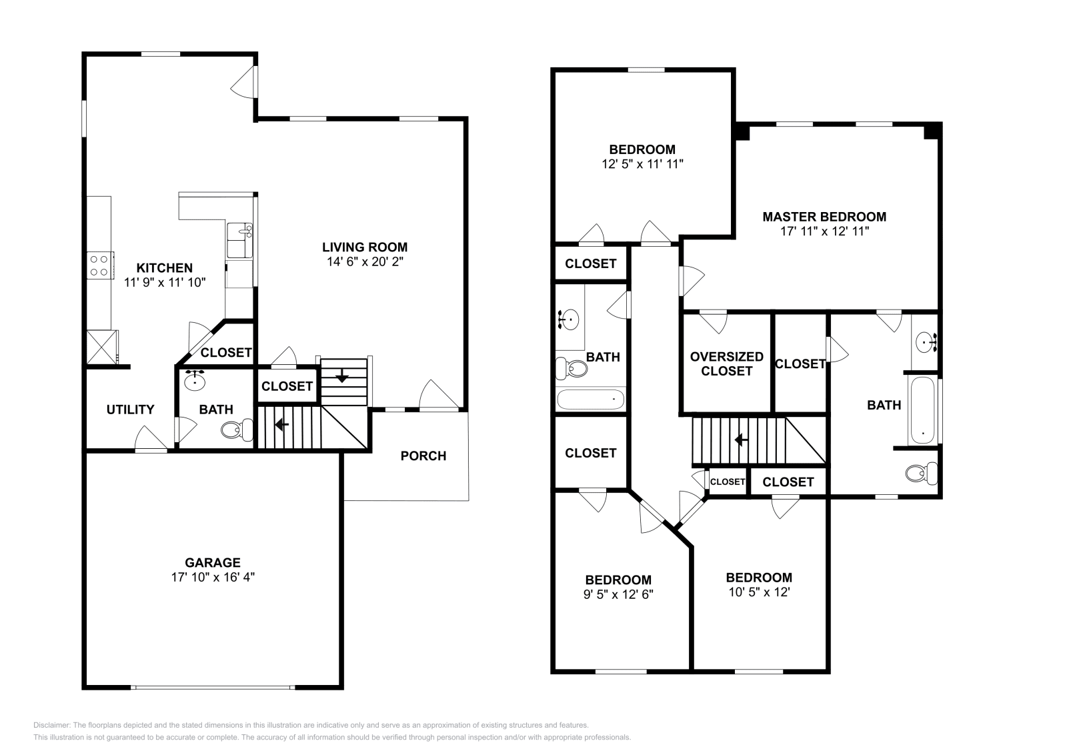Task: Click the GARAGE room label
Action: pyautogui.click(x=213, y=562)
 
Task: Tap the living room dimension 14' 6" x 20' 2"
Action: pyautogui.click(x=364, y=261)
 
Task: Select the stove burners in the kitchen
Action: pyautogui.click(x=99, y=265)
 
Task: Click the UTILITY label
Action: pyautogui.click(x=130, y=410)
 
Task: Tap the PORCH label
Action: pyautogui.click(x=423, y=456)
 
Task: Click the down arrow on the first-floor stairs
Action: pyautogui.click(x=342, y=376)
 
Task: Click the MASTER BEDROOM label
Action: pyautogui.click(x=824, y=217)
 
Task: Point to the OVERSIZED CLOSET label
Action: pyautogui.click(x=726, y=363)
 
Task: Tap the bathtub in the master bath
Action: pyautogui.click(x=923, y=410)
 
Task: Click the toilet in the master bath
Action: pyautogui.click(x=920, y=474)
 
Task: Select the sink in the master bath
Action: pyautogui.click(x=925, y=343)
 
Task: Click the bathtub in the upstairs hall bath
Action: pyautogui.click(x=590, y=400)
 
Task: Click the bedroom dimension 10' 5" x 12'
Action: pyautogui.click(x=759, y=592)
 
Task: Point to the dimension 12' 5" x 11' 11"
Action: pyautogui.click(x=642, y=163)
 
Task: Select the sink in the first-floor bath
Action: pyautogui.click(x=195, y=380)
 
